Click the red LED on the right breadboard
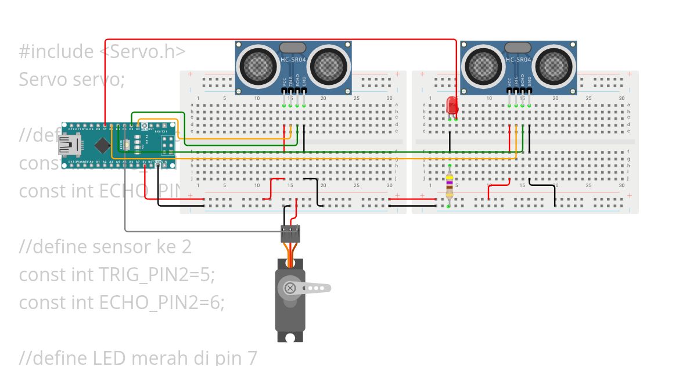452,106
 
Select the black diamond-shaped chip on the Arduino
103,145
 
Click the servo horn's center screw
289,288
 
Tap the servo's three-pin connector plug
290,234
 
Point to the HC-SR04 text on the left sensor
293,59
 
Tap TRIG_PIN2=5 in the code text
157,275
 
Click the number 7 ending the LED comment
252,357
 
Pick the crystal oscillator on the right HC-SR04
518,47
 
